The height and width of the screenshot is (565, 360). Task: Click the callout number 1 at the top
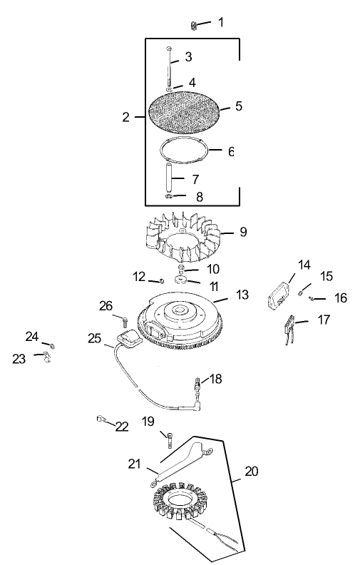coord(220,22)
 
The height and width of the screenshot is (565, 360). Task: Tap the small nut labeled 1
coord(193,25)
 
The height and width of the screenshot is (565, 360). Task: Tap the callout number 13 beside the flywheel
coord(242,294)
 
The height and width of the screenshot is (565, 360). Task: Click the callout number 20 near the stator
coord(252,471)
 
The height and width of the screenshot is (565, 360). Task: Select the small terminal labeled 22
coord(101,420)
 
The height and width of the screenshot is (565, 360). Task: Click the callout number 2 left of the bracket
coord(126,117)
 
